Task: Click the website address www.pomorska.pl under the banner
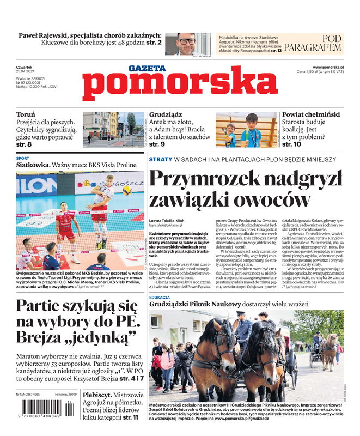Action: pos(332,67)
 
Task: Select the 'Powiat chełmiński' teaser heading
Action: pos(311,115)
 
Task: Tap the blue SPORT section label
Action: pos(23,158)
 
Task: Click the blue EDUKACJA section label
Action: pos(160,298)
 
